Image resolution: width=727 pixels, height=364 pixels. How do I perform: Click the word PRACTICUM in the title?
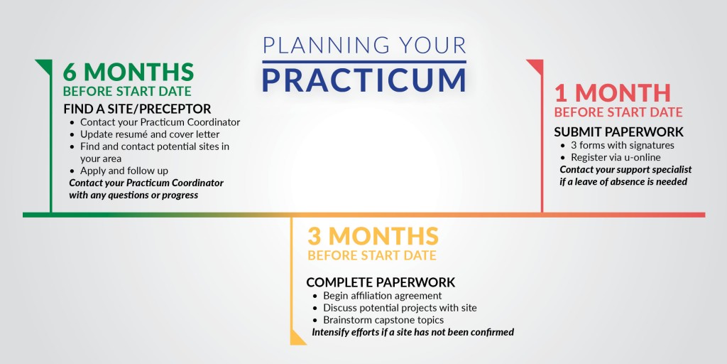pos(363,80)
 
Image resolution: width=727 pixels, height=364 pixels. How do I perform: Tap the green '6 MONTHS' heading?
pos(129,72)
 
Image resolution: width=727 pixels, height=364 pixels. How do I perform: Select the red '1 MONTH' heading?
pos(612,92)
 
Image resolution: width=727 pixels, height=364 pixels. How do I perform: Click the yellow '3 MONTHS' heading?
pos(373,235)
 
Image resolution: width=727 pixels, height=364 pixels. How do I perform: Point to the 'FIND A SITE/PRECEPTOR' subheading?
pos(137,109)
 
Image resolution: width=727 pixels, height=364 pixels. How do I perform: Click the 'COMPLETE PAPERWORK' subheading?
pos(381,282)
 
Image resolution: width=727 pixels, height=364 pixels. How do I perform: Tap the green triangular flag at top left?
pos(43,66)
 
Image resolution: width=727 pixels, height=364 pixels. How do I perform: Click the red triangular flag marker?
pos(535,67)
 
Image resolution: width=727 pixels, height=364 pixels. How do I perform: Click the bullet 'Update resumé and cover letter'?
pos(150,134)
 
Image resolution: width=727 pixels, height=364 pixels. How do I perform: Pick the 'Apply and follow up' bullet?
pos(124,171)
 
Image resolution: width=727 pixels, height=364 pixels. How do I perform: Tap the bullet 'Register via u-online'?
pos(616,157)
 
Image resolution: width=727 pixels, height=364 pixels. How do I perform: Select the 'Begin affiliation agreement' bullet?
pos(382,295)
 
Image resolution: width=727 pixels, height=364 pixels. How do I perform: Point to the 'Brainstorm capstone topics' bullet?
pos(383,320)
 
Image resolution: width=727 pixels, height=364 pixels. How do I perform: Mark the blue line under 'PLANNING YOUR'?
pos(363,62)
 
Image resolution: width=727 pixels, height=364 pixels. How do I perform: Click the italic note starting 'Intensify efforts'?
pos(412,332)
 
